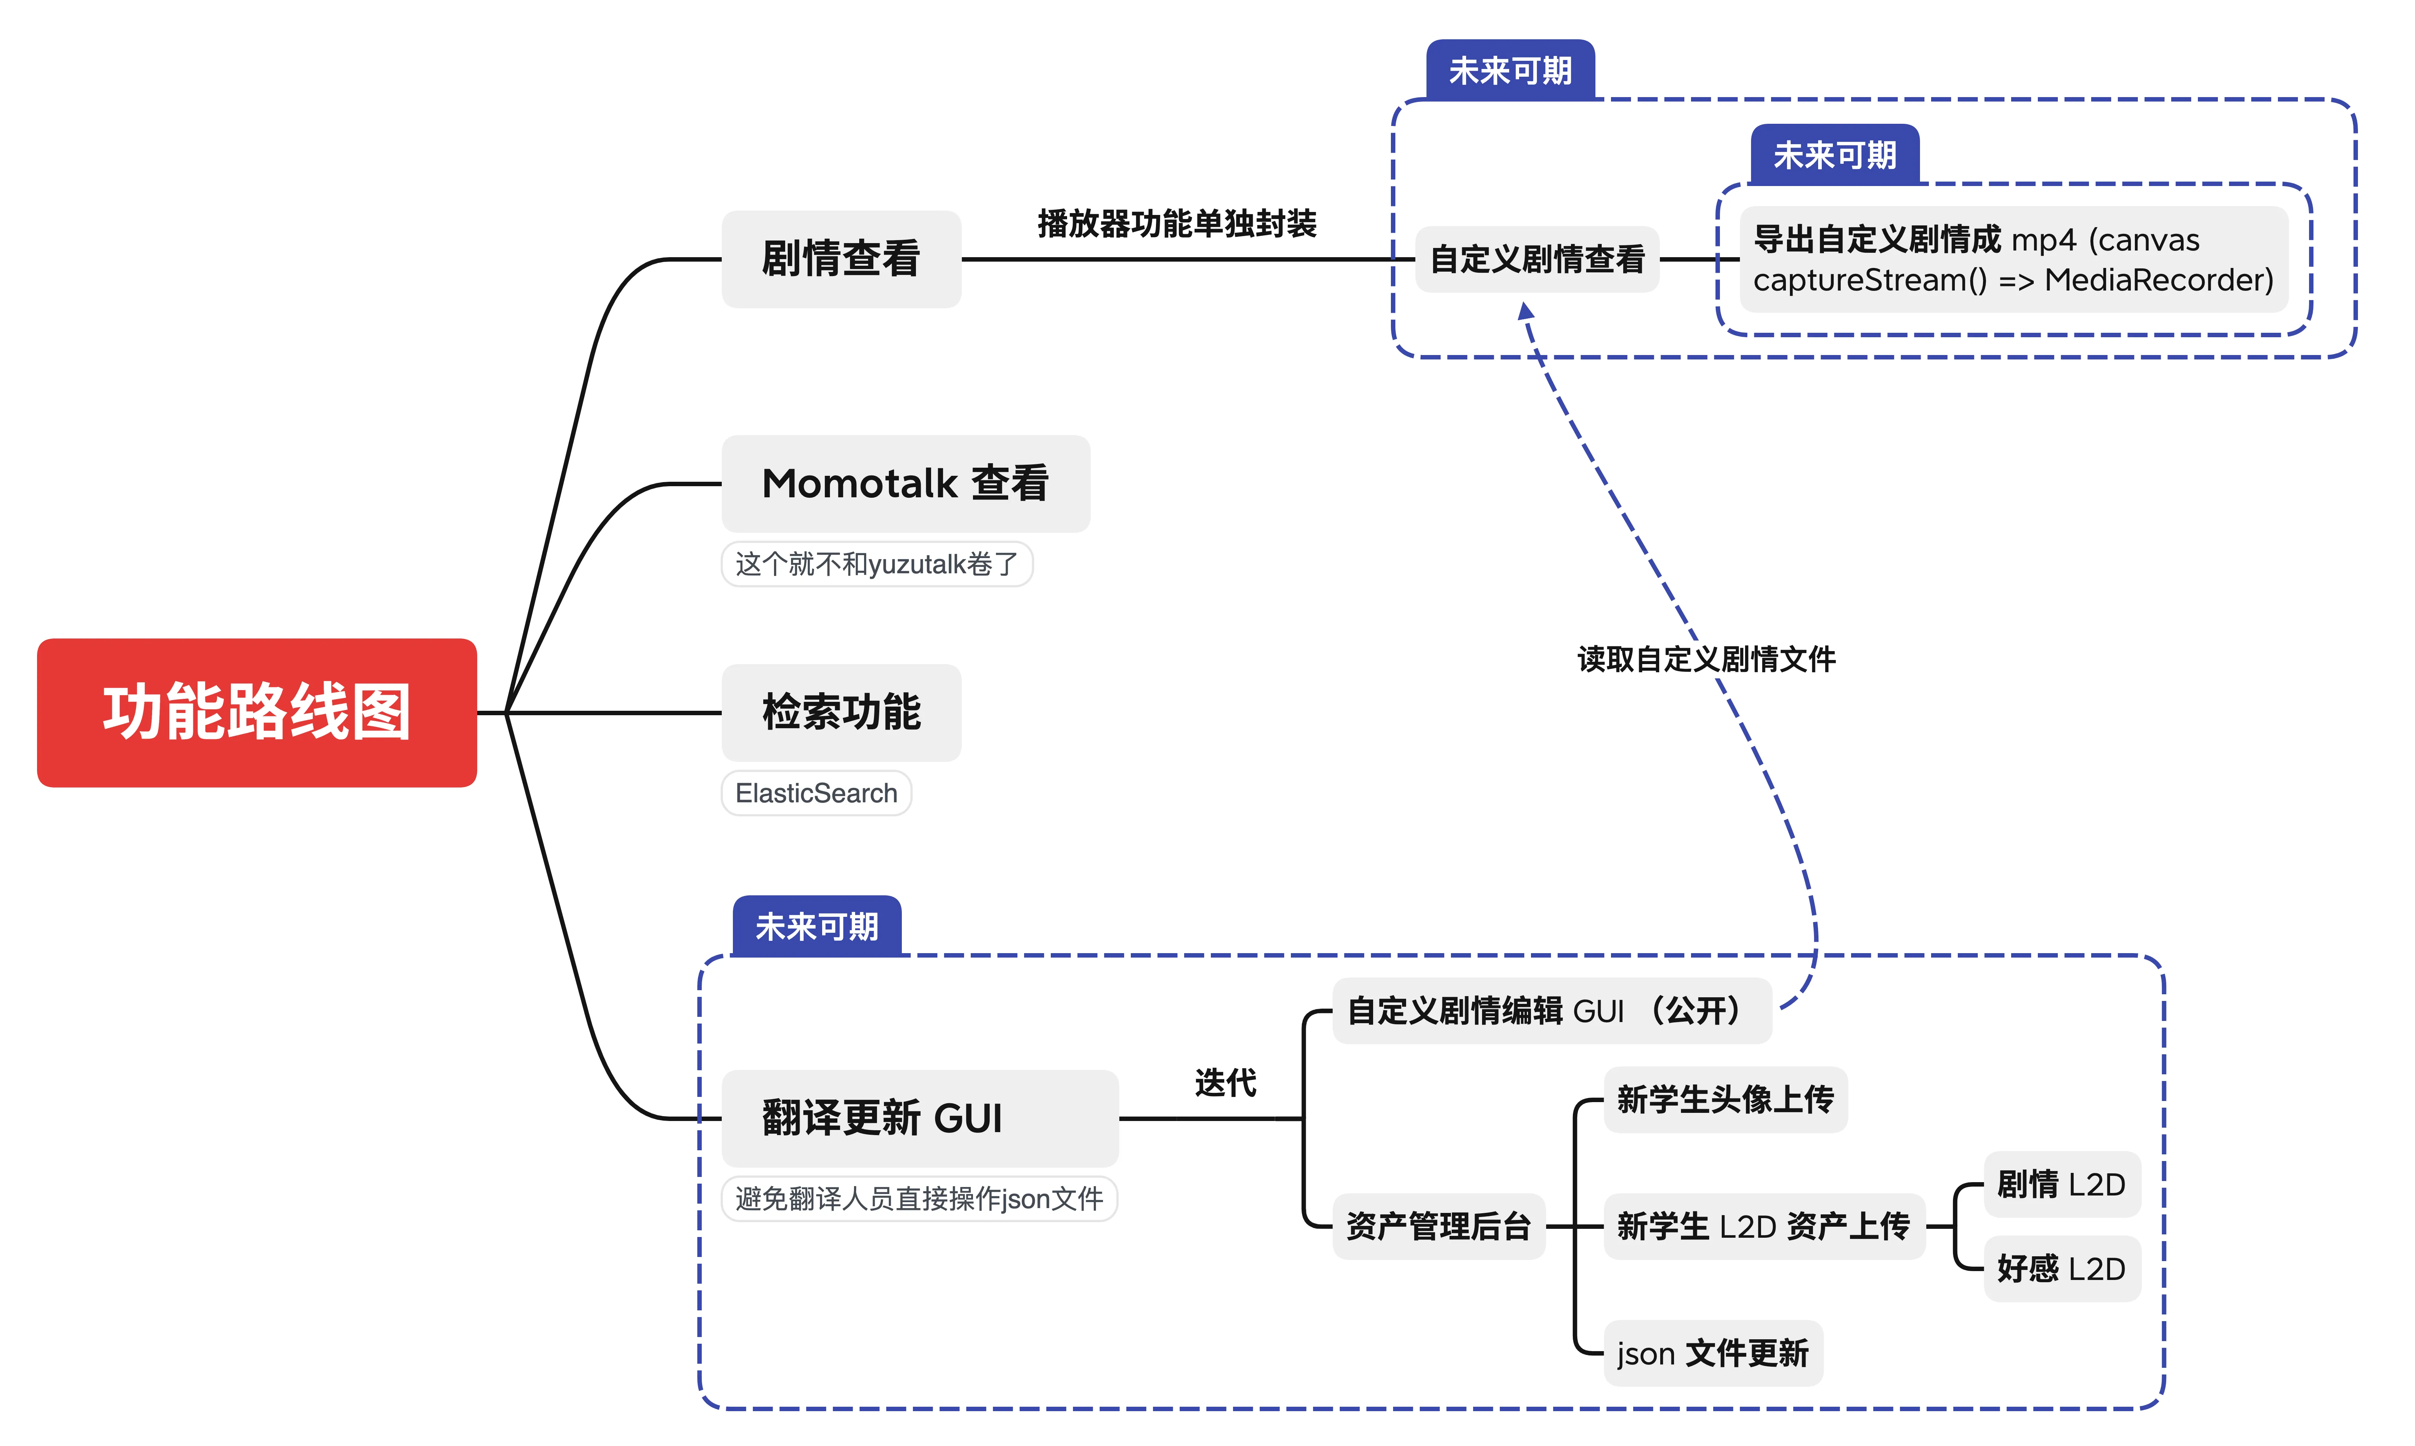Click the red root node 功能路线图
tap(256, 712)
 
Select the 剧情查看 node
tap(841, 259)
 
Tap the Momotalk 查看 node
tap(905, 483)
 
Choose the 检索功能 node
tap(841, 712)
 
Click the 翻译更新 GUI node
tap(920, 1118)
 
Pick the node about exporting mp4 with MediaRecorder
tap(2013, 259)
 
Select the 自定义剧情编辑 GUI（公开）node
tap(1551, 1011)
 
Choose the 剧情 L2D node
tap(2062, 1184)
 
